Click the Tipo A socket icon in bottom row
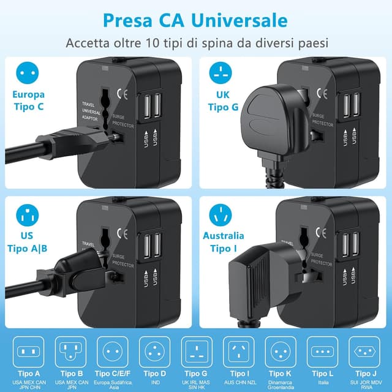(x=29, y=352)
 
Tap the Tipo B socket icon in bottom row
(x=71, y=352)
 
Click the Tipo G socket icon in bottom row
(x=196, y=352)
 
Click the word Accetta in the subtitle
(x=89, y=44)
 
